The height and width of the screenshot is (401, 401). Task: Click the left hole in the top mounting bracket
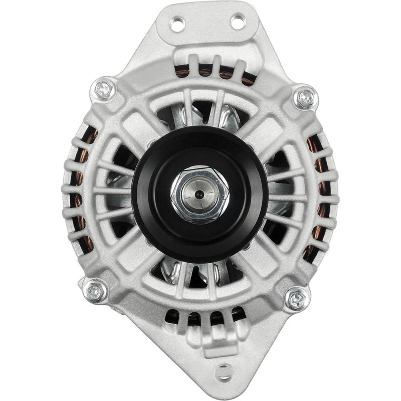tap(177, 23)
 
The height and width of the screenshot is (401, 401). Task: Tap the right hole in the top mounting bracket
tap(238, 22)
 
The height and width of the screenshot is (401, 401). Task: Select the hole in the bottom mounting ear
tap(224, 371)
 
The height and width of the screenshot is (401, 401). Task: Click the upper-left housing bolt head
tap(104, 89)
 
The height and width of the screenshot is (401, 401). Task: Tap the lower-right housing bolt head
tap(297, 299)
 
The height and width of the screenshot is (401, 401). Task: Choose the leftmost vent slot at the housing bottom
tap(173, 317)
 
